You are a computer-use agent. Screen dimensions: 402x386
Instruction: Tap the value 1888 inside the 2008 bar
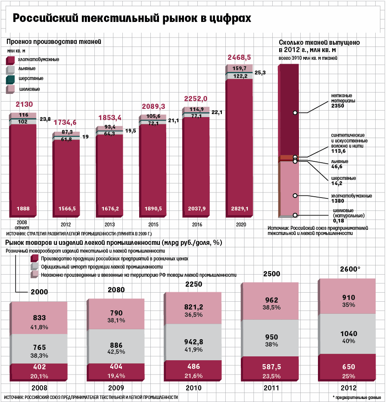pos(23,209)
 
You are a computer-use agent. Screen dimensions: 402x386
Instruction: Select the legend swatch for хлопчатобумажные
pos(11,60)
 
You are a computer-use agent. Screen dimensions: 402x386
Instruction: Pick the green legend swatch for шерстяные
pos(11,79)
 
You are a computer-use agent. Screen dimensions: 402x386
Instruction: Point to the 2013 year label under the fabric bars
pos(109,224)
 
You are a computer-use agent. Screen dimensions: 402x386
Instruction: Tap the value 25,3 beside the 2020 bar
pos(260,73)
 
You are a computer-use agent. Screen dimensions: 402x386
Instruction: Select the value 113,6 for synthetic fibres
pos(339,151)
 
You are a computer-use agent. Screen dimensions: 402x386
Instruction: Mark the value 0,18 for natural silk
pos(339,220)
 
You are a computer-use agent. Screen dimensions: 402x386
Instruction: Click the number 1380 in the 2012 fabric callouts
pos(338,201)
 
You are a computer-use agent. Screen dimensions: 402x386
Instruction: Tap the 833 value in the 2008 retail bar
pos(40,318)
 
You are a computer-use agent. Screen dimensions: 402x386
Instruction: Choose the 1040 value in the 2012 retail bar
pos(349,334)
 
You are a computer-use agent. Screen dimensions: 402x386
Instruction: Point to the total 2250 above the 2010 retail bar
pos(193,284)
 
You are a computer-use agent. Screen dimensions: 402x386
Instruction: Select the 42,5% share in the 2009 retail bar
pos(116,352)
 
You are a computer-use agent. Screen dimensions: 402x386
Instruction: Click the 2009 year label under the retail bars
pos(116,388)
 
